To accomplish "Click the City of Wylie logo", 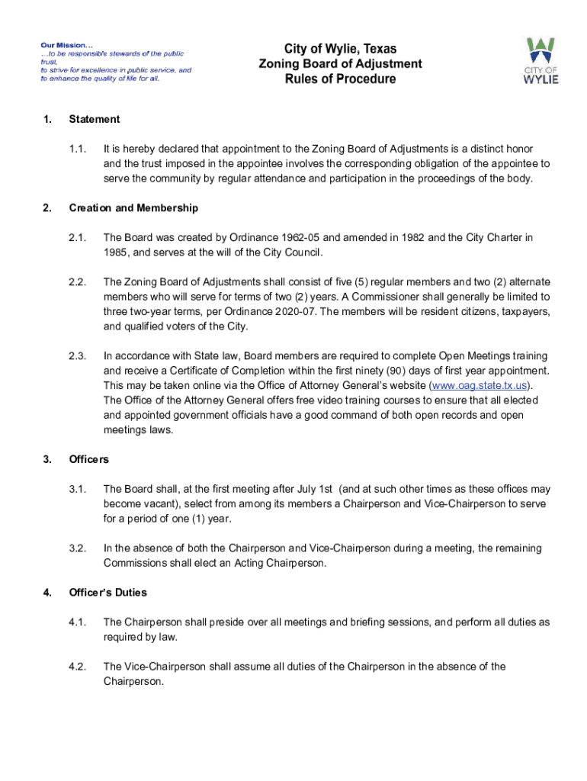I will (540, 60).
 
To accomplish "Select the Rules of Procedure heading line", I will (340, 79).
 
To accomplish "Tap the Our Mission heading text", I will (66, 44).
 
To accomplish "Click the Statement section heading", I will (95, 119).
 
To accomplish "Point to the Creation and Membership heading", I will (133, 208).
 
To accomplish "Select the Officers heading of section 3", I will (89, 460).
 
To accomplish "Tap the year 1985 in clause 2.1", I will (116, 252).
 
